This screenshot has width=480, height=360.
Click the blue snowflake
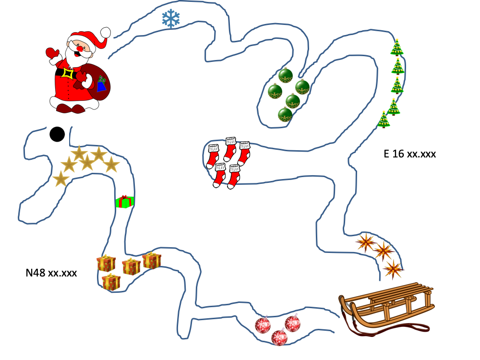point(170,19)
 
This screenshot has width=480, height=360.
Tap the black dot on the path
point(57,134)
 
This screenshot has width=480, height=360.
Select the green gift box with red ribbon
point(125,202)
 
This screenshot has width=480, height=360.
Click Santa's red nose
point(80,48)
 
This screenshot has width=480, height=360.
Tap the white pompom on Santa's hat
point(105,33)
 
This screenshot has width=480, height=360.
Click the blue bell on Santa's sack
point(101,85)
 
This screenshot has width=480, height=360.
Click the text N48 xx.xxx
point(51,273)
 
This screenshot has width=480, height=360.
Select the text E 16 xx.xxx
point(409,154)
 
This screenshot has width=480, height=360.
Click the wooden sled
point(386,305)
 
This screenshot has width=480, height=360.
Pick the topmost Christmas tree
point(397,48)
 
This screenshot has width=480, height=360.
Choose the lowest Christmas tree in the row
point(384,120)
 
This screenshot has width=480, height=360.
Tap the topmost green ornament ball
point(286,76)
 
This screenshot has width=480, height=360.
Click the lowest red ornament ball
point(279,337)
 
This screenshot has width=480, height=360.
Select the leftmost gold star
point(60,180)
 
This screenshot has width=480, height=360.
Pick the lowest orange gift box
point(111,282)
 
